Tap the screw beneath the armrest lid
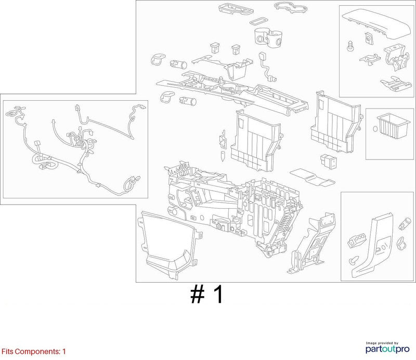coord(350,46)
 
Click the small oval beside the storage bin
coord(375,129)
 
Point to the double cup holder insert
coord(268,38)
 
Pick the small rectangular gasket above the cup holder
coord(259,21)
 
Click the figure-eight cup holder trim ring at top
coord(291,7)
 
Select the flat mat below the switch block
coord(313,177)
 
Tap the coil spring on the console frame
coord(287,222)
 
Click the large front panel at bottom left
coord(168,244)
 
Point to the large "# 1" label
coord(207,295)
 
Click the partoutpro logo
coord(387,348)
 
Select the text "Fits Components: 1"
coord(34,352)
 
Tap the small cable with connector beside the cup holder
coord(267,66)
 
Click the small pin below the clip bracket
coord(223,156)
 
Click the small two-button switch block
coord(328,161)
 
